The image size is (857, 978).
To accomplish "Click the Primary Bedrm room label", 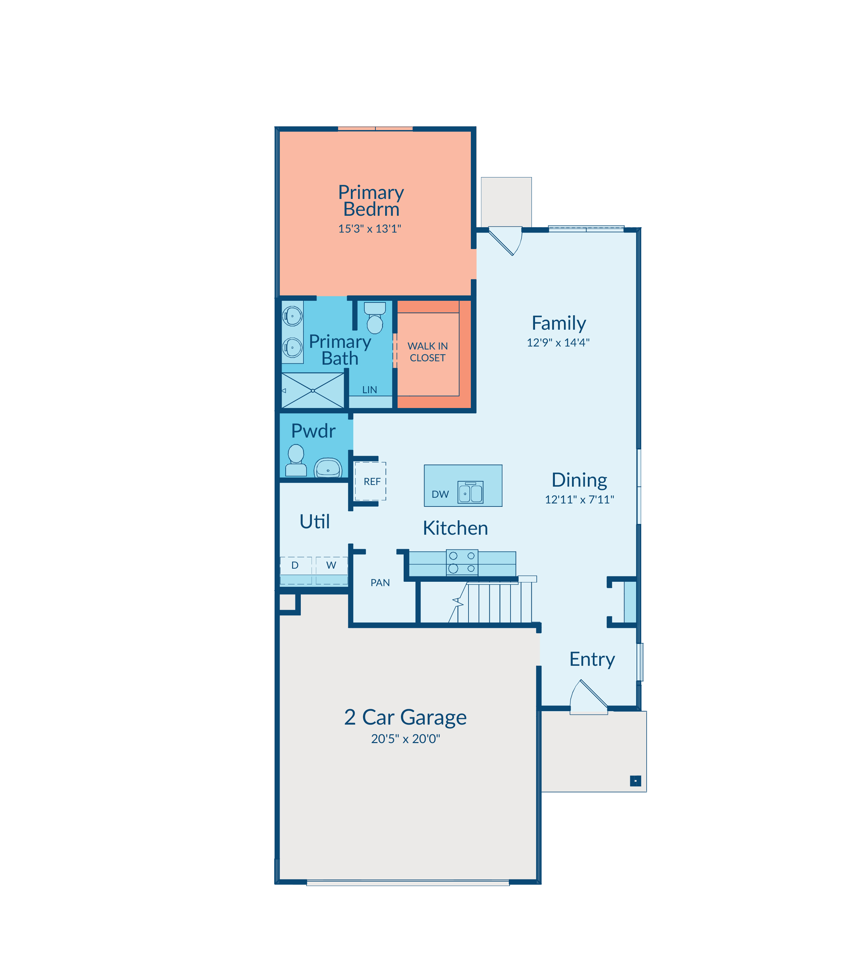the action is pos(371,201).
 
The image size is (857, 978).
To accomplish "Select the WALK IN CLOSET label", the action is pos(427,352).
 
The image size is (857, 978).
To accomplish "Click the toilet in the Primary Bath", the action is pos(375,318).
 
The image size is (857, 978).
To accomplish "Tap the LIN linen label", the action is pos(370,390).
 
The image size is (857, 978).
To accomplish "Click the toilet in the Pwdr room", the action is pos(296,460).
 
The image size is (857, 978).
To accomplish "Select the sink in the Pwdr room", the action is pos(328,468).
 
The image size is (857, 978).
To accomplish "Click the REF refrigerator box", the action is pos(371,481).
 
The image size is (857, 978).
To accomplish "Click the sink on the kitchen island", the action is pos(471,492).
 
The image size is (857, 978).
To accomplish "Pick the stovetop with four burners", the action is pos(462,562).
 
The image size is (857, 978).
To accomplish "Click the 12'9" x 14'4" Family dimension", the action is pos(558,342).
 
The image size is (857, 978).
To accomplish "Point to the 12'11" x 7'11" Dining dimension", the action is pos(580,499).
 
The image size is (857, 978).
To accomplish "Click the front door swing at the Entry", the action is pos(589,697).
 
